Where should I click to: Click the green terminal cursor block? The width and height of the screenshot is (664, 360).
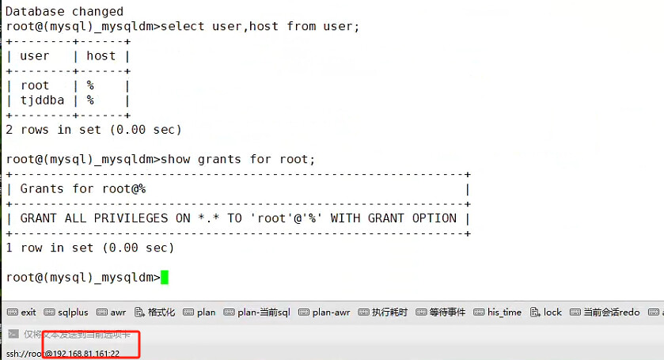(165, 278)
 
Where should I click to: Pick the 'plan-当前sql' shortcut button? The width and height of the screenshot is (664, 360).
(257, 313)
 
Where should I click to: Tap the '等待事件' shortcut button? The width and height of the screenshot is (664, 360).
(441, 313)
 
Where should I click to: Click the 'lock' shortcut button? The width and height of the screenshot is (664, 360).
(546, 313)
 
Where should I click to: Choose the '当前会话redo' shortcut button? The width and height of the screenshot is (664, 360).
(605, 313)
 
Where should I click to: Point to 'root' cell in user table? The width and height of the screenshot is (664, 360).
(34, 85)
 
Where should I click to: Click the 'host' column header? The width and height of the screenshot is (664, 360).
(101, 56)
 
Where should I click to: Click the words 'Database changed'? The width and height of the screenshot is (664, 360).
(64, 11)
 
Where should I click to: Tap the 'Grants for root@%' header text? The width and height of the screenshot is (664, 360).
(82, 189)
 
